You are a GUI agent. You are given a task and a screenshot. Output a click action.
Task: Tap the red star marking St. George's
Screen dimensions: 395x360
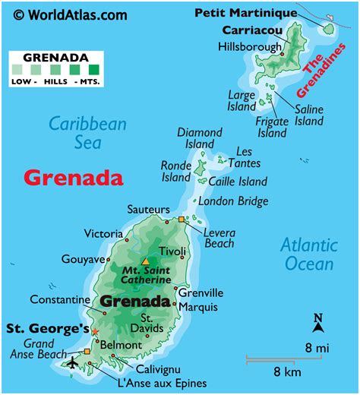tap(95, 332)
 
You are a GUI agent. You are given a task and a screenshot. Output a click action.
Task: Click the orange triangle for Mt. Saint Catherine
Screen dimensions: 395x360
tap(145, 262)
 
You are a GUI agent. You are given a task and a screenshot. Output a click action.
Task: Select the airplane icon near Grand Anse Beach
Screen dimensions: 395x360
tap(73, 362)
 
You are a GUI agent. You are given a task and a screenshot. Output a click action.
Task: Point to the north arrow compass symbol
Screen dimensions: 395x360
tap(318, 323)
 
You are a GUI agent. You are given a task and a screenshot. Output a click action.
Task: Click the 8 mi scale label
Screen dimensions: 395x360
tap(317, 347)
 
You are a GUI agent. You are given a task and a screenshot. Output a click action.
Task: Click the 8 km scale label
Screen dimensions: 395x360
tap(289, 372)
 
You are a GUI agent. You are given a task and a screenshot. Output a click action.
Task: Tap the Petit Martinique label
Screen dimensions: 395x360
tap(245, 12)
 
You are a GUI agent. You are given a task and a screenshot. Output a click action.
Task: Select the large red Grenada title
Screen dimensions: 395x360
tap(73, 178)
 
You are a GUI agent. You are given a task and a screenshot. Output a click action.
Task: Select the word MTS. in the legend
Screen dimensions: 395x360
tap(89, 81)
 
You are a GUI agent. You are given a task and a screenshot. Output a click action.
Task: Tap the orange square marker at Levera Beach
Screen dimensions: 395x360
tap(182, 220)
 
